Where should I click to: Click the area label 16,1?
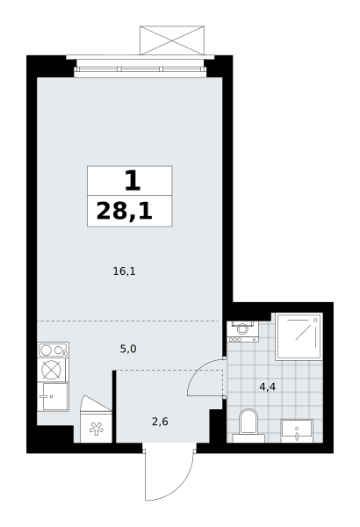(124, 271)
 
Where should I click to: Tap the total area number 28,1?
(125, 212)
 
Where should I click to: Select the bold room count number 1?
(133, 180)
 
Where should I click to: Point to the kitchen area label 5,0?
(128, 350)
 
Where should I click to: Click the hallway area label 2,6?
(160, 422)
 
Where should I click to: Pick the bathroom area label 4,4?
(268, 387)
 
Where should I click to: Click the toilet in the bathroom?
(248, 425)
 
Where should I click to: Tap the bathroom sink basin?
(297, 430)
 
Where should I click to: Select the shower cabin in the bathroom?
(299, 336)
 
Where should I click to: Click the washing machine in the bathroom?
(242, 332)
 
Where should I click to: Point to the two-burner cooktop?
(53, 350)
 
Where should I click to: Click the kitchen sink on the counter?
(53, 397)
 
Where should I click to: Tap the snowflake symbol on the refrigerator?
(96, 429)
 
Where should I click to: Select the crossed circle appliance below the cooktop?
(52, 370)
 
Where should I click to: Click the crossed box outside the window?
(172, 40)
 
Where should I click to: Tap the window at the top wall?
(140, 69)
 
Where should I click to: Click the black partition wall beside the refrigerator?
(114, 407)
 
